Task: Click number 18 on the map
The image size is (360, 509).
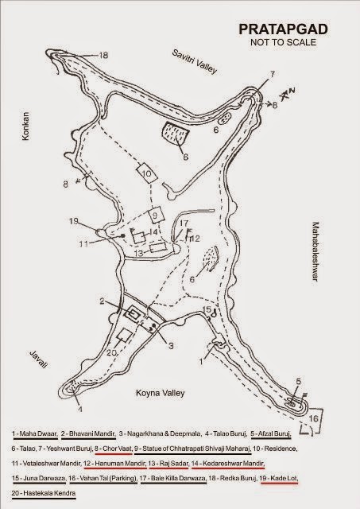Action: tap(103, 55)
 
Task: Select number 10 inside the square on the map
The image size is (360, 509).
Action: tap(145, 173)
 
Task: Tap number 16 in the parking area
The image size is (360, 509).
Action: tap(313, 417)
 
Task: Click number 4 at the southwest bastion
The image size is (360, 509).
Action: tap(79, 410)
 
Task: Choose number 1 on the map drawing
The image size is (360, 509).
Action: tap(201, 359)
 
